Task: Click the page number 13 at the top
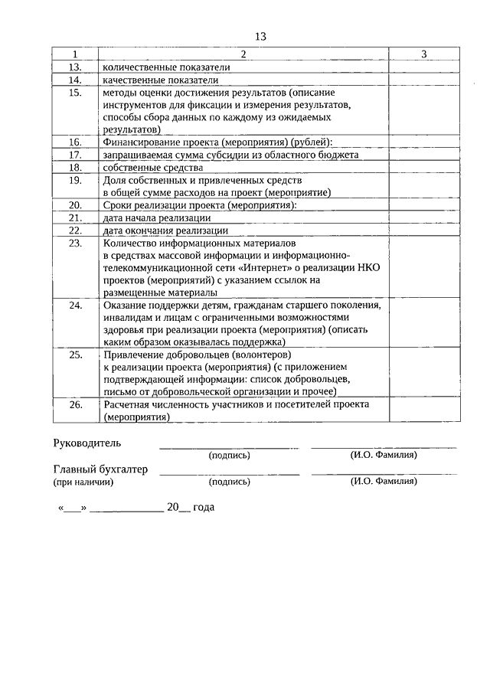coord(260,36)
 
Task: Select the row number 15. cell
coord(75,93)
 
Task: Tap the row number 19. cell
coord(75,181)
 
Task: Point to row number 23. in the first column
coord(75,243)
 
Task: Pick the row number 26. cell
coord(75,404)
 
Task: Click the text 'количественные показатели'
coord(165,67)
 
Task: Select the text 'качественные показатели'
coord(160,79)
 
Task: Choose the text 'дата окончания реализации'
coord(164,230)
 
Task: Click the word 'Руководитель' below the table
coord(87,443)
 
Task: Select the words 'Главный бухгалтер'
coord(100,469)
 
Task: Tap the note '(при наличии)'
coord(83,482)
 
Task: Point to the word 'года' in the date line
coord(204,507)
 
